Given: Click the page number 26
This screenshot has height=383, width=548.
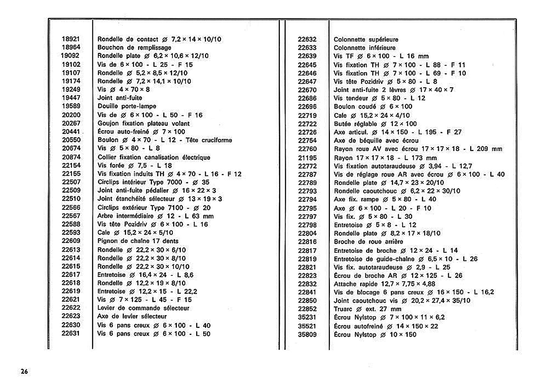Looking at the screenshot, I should (x=24, y=372).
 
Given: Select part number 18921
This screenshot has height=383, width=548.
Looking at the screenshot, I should (x=71, y=39).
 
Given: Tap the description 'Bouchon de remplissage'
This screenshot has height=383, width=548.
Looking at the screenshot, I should (x=134, y=48).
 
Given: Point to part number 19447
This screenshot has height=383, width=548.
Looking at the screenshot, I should (x=71, y=98).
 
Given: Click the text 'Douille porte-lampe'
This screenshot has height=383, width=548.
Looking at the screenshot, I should (x=127, y=106).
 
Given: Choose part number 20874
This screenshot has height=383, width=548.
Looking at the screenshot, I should (x=71, y=157).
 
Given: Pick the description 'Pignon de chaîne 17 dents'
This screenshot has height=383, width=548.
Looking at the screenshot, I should (x=138, y=241).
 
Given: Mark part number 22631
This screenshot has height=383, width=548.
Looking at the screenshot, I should (x=71, y=333).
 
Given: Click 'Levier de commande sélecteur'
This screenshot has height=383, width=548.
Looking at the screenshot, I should (x=143, y=308).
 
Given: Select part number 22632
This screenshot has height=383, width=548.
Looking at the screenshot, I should (x=307, y=39).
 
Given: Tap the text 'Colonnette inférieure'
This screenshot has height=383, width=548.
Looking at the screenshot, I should (x=364, y=48).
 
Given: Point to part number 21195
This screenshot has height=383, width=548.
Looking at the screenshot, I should (x=307, y=158).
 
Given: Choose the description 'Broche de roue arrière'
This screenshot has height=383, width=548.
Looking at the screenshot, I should (x=368, y=242).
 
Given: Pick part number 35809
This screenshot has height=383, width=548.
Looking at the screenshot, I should (x=307, y=334).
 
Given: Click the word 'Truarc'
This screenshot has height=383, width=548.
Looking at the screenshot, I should (x=343, y=309).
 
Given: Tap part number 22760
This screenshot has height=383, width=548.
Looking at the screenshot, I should (x=307, y=149).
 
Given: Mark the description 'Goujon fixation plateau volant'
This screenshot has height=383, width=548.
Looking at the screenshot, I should (x=144, y=123).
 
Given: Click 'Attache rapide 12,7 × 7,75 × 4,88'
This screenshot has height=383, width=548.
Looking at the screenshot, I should (x=384, y=284).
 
